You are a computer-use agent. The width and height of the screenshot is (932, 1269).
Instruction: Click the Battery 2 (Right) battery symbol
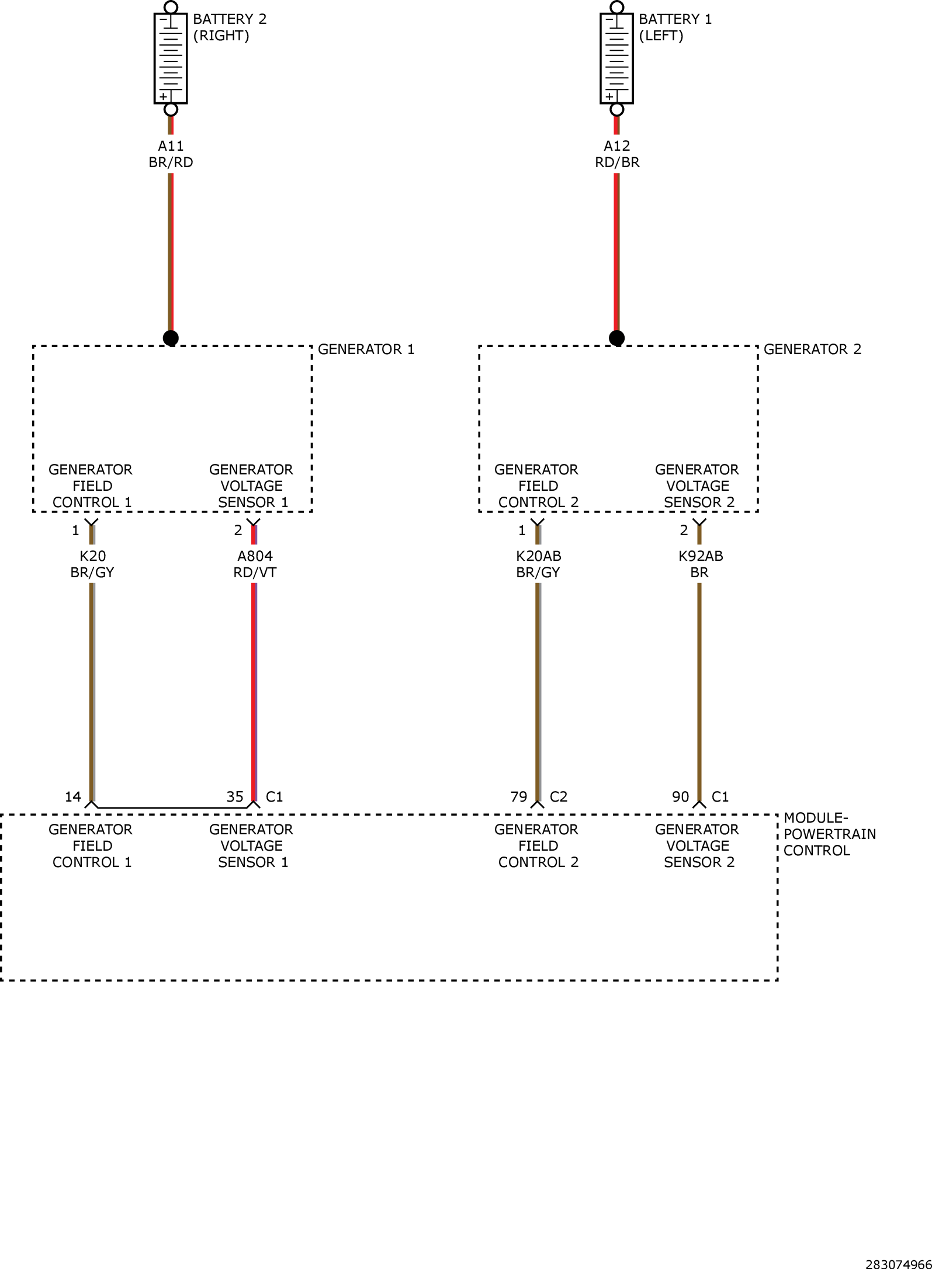click(x=171, y=58)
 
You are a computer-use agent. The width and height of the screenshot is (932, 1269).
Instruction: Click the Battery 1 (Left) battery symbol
click(x=616, y=58)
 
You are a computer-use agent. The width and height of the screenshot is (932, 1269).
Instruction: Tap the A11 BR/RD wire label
click(x=171, y=154)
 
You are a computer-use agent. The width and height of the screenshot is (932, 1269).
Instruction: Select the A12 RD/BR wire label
click(x=617, y=154)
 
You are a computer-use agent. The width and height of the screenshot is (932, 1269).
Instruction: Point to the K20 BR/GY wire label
click(x=92, y=564)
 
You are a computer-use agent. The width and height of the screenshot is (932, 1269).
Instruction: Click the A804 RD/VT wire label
click(x=255, y=564)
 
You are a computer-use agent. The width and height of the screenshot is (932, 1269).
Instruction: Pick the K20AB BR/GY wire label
click(x=538, y=564)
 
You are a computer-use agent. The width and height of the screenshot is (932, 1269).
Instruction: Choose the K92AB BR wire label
click(x=700, y=564)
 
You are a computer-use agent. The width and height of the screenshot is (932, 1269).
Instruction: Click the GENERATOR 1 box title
click(x=366, y=349)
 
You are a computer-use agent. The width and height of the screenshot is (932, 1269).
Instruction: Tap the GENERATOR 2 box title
click(x=812, y=349)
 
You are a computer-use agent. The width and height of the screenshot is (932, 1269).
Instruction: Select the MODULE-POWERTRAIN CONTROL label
click(x=830, y=834)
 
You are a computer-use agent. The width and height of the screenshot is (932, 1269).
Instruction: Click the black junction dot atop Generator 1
click(x=171, y=338)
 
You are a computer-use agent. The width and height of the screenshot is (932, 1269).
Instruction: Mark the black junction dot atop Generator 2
click(x=616, y=338)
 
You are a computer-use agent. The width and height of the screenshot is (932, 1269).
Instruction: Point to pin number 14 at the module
click(x=72, y=797)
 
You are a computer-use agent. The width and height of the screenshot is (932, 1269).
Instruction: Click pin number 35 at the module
click(x=235, y=797)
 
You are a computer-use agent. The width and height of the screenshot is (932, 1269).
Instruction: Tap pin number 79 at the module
click(x=519, y=797)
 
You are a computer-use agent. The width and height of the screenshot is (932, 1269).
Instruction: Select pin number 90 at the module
click(x=681, y=797)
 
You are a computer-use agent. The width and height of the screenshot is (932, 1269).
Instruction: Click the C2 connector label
click(x=559, y=797)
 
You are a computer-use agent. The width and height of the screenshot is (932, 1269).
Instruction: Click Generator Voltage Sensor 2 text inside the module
click(x=698, y=846)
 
